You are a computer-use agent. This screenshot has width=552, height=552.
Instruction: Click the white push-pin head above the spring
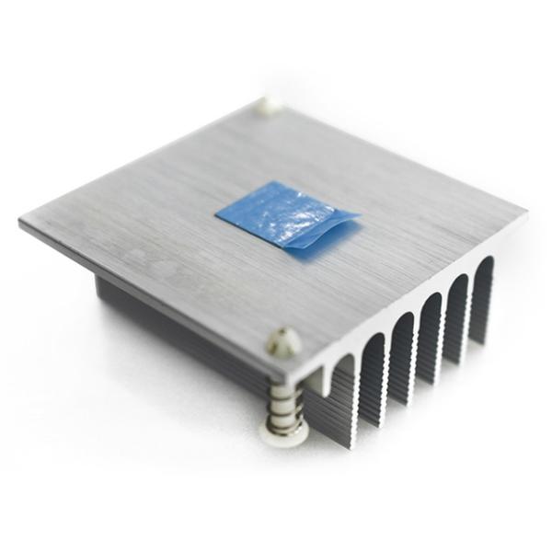[283, 343]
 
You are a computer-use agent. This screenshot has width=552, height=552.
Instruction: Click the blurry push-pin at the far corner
[268, 105]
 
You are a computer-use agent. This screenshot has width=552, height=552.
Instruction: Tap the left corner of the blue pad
[217, 215]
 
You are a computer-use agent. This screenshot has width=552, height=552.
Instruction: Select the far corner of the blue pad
[276, 183]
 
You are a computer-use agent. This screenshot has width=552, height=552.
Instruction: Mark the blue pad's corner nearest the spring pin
[287, 247]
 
